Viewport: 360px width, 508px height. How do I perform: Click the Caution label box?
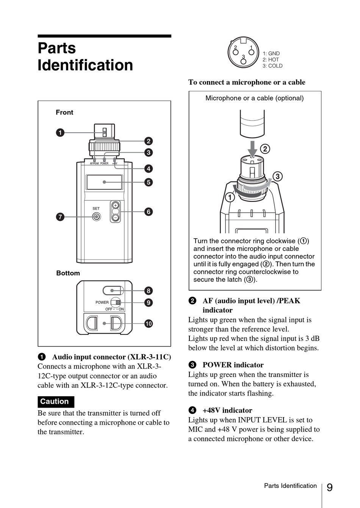pos(55,402)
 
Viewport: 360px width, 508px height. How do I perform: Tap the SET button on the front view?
pos(97,217)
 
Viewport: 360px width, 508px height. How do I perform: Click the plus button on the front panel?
pos(116,205)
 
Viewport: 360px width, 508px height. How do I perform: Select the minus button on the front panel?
pos(116,217)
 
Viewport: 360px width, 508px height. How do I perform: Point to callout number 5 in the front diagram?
pos(149,182)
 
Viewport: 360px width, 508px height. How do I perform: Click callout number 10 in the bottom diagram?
pos(149,324)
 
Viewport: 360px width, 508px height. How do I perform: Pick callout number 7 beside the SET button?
pos(60,217)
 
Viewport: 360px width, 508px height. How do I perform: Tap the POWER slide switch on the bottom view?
pos(117,302)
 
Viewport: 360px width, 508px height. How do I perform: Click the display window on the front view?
pos(104,182)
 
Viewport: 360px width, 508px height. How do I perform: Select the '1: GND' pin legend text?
pos(271,53)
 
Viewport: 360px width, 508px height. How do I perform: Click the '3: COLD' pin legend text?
pos(272,66)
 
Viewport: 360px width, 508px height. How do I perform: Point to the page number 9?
pos(329,487)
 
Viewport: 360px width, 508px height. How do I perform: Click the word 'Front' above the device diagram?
pos(64,112)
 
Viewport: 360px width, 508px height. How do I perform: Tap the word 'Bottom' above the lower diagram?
pos(68,273)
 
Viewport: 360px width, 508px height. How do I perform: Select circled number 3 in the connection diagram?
pos(277,177)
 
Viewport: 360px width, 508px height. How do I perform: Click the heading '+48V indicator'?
pos(227,410)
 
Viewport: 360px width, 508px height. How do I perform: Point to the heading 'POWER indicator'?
pos(233,365)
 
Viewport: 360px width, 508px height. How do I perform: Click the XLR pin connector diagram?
pos(243,53)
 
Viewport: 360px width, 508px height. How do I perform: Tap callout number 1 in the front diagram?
pos(60,133)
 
